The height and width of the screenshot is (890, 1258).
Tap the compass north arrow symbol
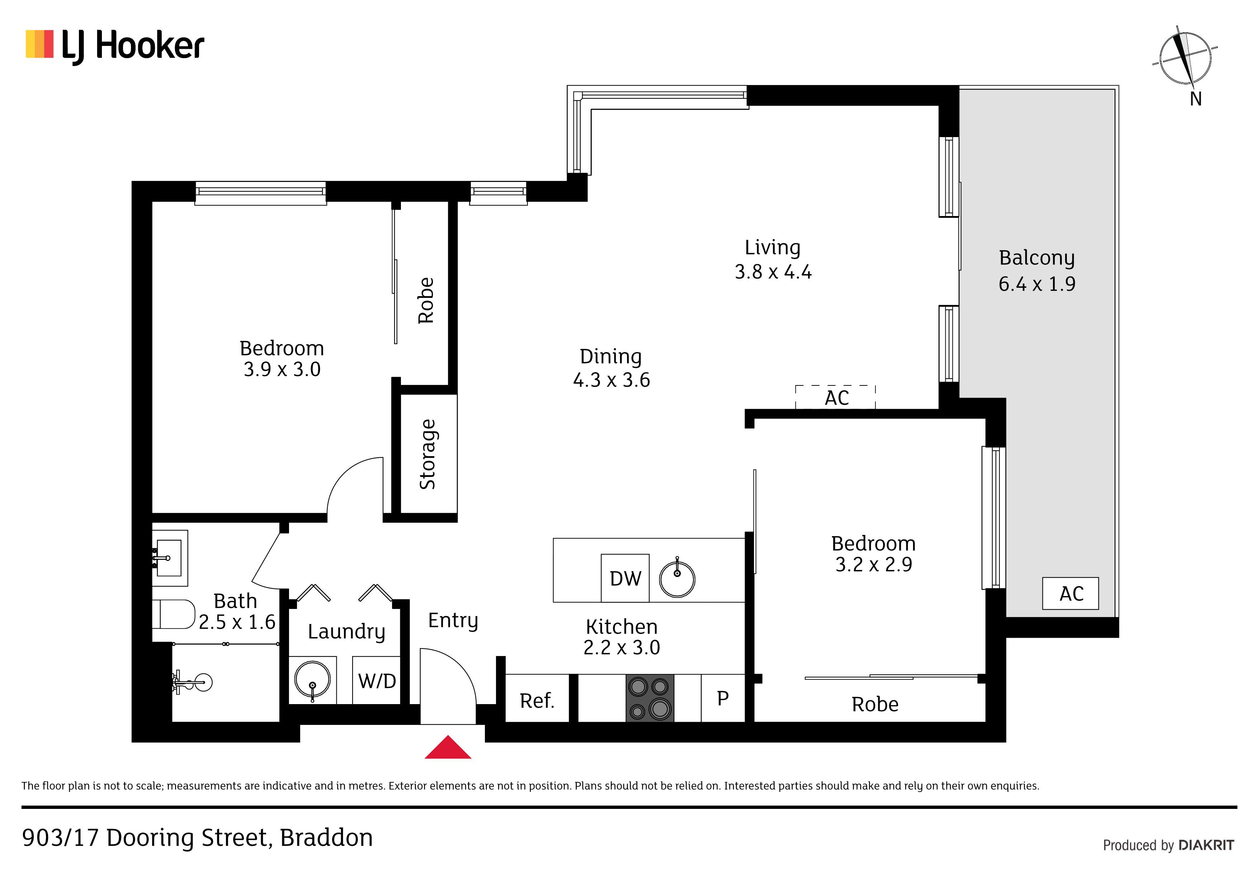tap(1184, 57)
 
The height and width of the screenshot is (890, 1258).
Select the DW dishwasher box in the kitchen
tap(625, 578)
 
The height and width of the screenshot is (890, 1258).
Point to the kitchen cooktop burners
tap(650, 698)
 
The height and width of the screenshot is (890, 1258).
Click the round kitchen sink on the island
tap(677, 578)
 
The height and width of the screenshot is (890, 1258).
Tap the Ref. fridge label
tap(537, 700)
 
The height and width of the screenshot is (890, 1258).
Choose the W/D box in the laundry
tap(377, 680)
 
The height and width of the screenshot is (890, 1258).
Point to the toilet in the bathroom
tap(173, 614)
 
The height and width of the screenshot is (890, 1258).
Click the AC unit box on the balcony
tap(1070, 593)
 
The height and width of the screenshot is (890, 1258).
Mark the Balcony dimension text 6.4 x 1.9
tap(1037, 284)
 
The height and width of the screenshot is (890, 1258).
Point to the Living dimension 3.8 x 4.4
tap(773, 271)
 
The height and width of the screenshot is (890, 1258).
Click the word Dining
tap(610, 356)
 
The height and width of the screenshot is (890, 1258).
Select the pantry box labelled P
tap(723, 698)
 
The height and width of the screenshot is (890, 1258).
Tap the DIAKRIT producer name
tap(1206, 845)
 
